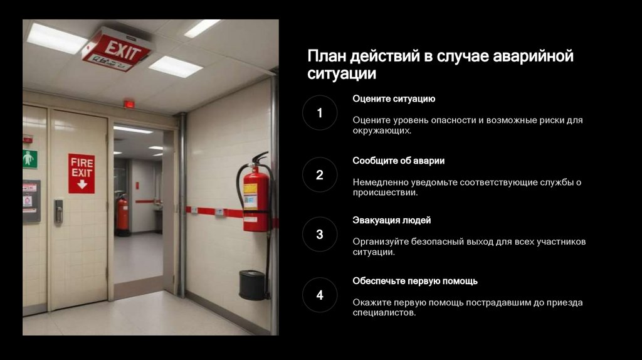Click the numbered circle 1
tap(320, 113)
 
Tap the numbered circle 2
tap(320, 175)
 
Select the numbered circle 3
tap(320, 235)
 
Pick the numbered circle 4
tap(320, 295)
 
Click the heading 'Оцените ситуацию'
tap(394, 98)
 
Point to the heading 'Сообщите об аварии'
tap(398, 161)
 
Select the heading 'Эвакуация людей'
tap(392, 220)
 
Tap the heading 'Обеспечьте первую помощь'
tap(415, 281)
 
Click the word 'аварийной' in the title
tap(533, 56)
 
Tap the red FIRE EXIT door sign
tap(82, 173)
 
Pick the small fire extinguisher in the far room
tap(122, 214)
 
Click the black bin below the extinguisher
tap(252, 285)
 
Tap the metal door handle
tap(58, 211)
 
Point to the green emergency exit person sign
tap(29, 159)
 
